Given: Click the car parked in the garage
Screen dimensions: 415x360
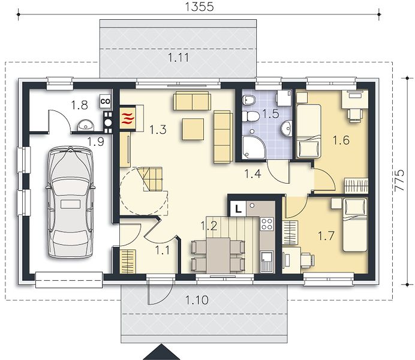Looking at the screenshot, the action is [70, 202].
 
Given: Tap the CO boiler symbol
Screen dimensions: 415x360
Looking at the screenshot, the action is [106, 101].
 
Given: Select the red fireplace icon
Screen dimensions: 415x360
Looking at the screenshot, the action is [128, 118].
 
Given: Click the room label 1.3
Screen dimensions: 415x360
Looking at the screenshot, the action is [158, 130].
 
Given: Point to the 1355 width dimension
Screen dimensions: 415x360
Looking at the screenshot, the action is [199, 7].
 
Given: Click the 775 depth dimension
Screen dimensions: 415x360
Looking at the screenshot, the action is [399, 180].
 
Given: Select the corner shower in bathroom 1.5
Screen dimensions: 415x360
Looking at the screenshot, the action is [253, 147].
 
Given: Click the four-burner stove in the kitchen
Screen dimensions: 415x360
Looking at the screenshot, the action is [266, 224].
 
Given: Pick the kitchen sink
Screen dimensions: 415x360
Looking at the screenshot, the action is [266, 262].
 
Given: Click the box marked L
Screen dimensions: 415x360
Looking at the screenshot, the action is [238, 209].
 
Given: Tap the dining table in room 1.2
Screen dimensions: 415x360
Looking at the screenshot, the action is [218, 256].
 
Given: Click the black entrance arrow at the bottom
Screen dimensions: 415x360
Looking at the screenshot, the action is [161, 352].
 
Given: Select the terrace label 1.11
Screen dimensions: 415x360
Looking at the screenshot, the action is [179, 58].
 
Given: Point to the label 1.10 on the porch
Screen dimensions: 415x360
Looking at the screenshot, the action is [197, 300].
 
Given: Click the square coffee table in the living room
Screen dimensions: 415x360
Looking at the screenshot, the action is [193, 129].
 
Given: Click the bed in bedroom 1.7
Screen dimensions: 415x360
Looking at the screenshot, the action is [355, 225].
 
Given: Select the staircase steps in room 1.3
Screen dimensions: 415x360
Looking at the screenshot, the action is [153, 179].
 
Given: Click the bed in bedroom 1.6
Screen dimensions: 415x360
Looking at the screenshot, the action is [308, 131].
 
